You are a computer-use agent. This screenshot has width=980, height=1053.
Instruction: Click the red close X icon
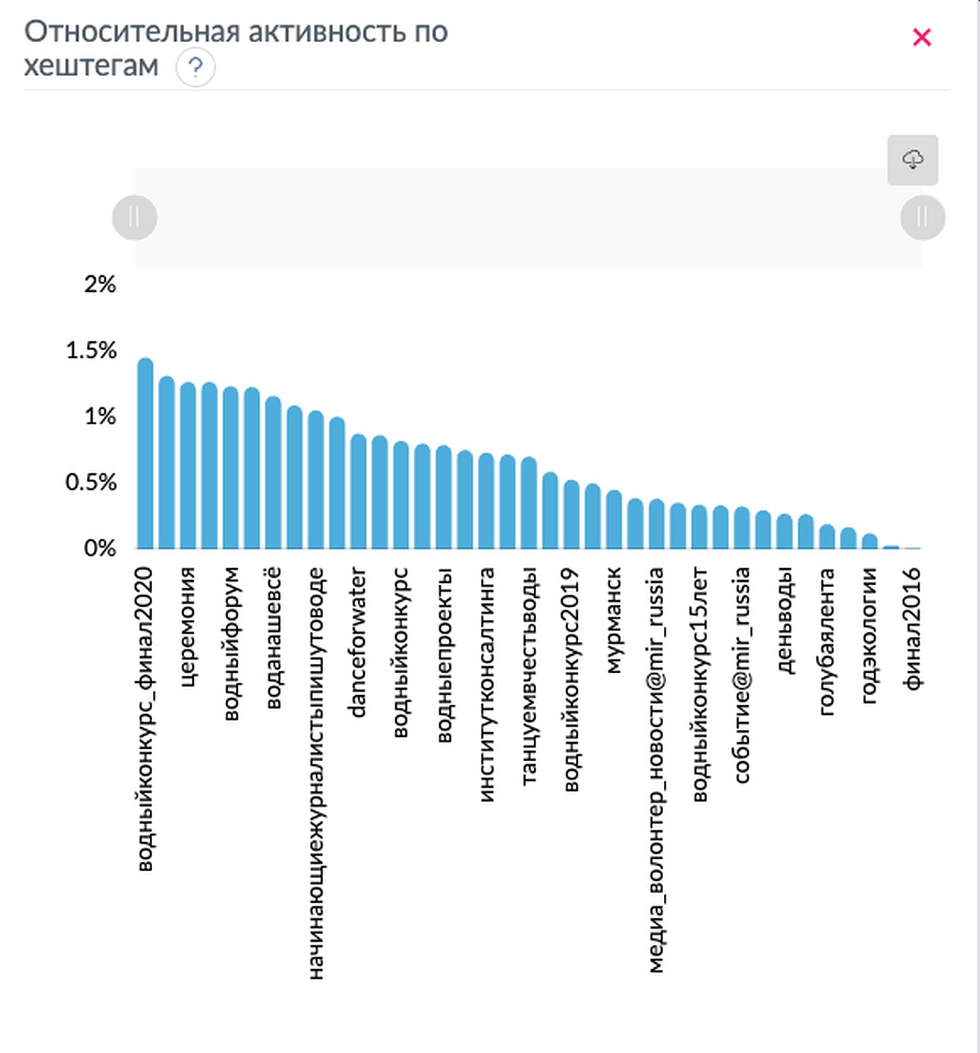922,37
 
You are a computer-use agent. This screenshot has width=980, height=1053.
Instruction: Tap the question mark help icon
196,67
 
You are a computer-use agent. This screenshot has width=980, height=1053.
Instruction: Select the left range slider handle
135,218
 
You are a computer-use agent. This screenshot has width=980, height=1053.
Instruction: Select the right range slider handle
922,218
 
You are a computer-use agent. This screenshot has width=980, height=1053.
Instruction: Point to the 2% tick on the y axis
100,285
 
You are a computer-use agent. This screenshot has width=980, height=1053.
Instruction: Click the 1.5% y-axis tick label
92,351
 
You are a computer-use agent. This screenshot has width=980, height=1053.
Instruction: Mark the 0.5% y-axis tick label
91,483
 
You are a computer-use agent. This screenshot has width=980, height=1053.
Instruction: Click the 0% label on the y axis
100,548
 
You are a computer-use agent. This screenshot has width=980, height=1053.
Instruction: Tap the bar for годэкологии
869,541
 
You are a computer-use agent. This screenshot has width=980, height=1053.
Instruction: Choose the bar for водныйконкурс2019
571,515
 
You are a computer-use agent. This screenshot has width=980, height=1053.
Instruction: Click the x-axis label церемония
188,627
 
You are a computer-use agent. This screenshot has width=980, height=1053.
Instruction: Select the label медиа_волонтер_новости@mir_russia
656,770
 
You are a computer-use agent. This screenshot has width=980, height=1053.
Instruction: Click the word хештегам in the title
92,66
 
